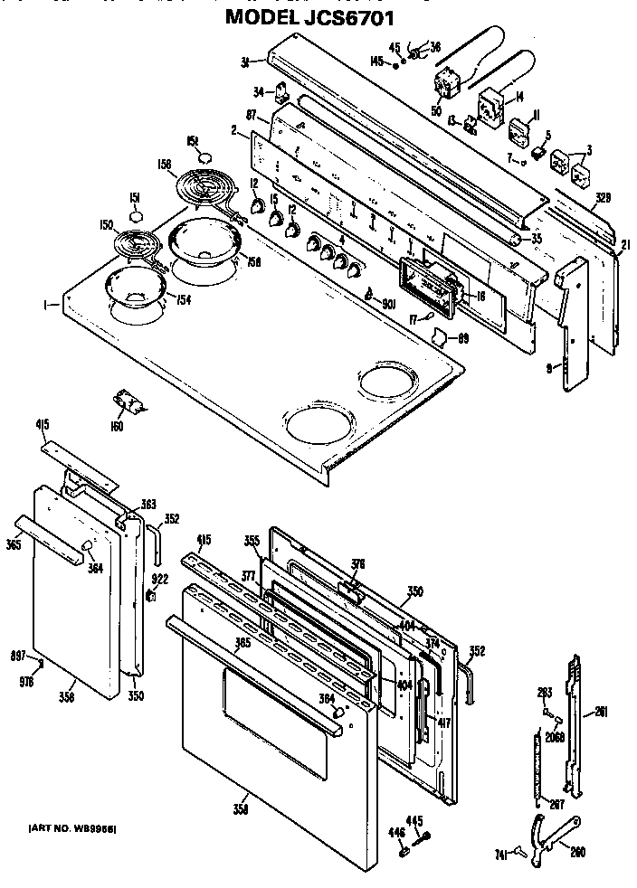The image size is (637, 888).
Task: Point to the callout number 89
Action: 462,338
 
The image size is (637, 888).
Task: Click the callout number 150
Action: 106,224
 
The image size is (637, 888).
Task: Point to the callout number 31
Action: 244,61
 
